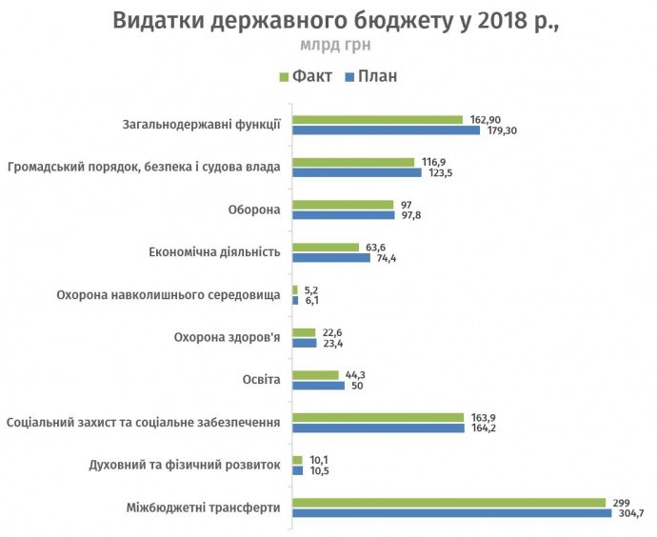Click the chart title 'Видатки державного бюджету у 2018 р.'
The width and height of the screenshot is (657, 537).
pyautogui.click(x=335, y=21)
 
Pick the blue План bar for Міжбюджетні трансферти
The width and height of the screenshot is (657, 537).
pyautogui.click(x=451, y=513)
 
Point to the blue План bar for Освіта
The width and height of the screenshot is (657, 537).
pyautogui.click(x=318, y=386)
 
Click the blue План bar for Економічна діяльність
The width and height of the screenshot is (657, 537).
pyautogui.click(x=330, y=258)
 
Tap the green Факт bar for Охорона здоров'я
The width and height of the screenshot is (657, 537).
pyautogui.click(x=304, y=332)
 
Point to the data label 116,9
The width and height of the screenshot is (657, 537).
pyautogui.click(x=434, y=162)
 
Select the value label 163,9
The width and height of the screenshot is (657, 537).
pyautogui.click(x=483, y=417)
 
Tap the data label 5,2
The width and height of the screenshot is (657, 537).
pyautogui.click(x=312, y=289)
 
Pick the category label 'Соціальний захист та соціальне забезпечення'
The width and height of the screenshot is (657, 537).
pyautogui.click(x=143, y=422)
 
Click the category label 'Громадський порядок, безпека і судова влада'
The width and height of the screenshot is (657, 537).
pyautogui.click(x=143, y=168)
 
